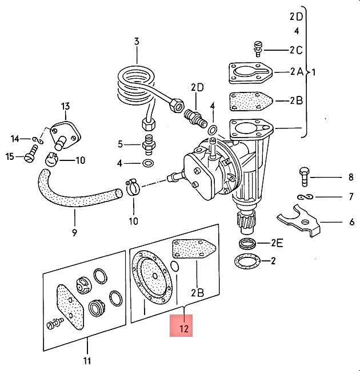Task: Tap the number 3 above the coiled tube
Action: [x=137, y=41]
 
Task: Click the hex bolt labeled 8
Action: [x=303, y=176]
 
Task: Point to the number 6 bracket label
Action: [x=351, y=221]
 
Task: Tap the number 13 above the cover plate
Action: [x=65, y=106]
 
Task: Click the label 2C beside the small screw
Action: [x=295, y=50]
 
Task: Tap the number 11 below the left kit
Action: [x=87, y=360]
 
